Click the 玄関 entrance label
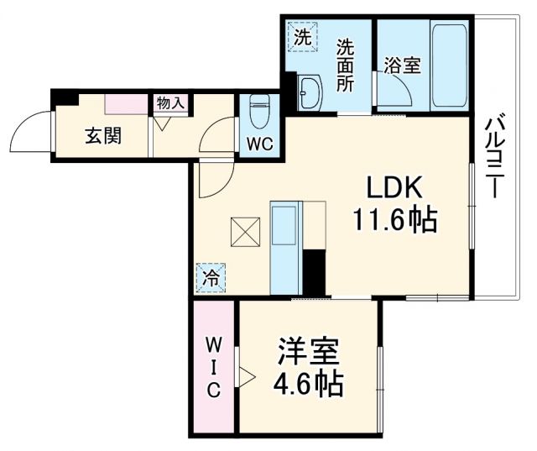(102, 134)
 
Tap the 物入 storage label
(171, 103)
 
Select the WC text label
(259, 144)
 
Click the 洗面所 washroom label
(346, 66)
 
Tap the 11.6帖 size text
(394, 220)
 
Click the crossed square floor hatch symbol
(246, 232)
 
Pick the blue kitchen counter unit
(285, 246)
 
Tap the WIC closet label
(214, 366)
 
